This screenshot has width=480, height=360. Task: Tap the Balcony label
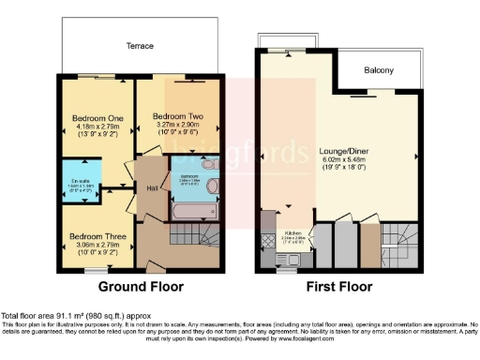(x=379, y=70)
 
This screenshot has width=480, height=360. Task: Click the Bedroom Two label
(x=177, y=117)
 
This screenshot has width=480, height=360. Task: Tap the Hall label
(x=151, y=188)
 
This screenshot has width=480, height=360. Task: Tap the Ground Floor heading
(x=141, y=286)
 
